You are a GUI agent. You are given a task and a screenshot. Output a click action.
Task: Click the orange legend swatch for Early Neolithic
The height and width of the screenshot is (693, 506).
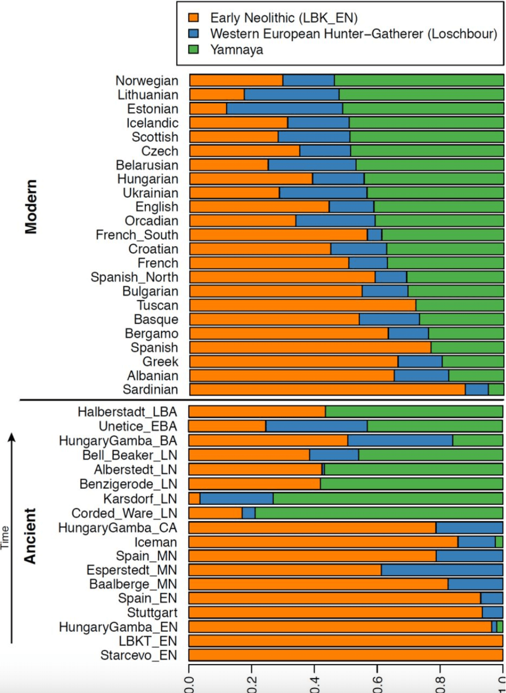click(x=193, y=18)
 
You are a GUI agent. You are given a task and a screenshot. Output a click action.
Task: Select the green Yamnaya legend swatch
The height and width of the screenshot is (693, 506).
click(x=193, y=49)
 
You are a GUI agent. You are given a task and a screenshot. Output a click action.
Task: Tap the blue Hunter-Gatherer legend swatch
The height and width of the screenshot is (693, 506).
click(x=193, y=34)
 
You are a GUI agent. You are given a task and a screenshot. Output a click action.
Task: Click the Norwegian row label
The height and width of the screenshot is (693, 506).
click(x=147, y=80)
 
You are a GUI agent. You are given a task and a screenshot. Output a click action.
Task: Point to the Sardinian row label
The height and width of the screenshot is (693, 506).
click(x=151, y=389)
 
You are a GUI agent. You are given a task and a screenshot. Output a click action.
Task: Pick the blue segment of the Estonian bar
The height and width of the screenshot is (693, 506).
click(x=284, y=109)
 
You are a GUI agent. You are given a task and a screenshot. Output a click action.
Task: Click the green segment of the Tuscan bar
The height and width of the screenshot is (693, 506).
click(x=459, y=305)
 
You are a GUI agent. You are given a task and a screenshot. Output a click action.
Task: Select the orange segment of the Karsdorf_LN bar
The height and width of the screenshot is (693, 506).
click(x=194, y=498)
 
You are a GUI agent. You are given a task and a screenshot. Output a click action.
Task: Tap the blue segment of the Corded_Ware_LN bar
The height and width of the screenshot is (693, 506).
click(x=249, y=513)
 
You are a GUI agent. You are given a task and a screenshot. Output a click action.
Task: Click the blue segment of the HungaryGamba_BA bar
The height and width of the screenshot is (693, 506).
click(x=400, y=440)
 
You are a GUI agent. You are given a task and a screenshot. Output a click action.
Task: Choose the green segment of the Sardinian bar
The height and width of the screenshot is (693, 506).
click(x=496, y=389)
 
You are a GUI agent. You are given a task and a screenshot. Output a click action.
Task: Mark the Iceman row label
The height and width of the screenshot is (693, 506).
click(x=156, y=542)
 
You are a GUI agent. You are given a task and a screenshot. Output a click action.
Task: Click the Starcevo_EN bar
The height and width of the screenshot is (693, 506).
click(x=346, y=655)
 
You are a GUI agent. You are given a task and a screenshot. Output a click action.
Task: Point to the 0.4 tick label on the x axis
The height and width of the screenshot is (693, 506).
click(x=314, y=684)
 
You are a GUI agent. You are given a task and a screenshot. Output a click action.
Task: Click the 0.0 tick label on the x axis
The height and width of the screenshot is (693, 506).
click(x=189, y=684)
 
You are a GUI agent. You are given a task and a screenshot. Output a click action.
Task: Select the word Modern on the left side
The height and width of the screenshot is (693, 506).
click(x=31, y=206)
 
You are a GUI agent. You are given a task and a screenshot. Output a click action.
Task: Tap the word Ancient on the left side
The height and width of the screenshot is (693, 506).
click(x=31, y=536)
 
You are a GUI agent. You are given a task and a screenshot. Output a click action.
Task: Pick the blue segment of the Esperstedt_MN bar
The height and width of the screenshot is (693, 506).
click(x=441, y=570)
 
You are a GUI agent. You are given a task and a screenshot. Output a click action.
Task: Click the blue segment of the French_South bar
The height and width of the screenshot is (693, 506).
click(x=374, y=234)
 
